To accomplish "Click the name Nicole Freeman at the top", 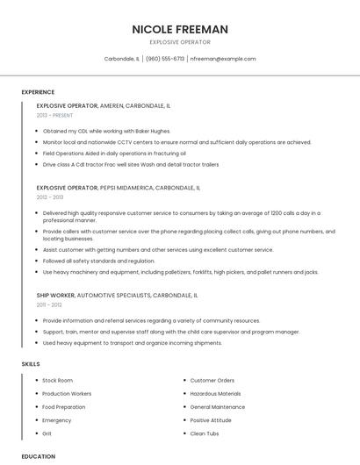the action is point(180,29).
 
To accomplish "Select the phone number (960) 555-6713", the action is point(165,59).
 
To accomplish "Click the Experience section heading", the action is point(38,92).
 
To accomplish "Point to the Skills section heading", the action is point(31,363).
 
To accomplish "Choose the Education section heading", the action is point(39,456).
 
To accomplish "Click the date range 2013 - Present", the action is point(54,115).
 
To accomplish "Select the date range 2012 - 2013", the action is point(50,197).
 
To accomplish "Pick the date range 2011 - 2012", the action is point(49,304).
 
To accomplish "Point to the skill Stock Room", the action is point(58,381).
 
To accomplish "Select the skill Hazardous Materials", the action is point(215,394).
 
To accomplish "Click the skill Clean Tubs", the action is point(205,433).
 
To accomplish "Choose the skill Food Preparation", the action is point(64,407).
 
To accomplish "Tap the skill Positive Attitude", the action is point(212,420).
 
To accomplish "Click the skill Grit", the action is point(47,433).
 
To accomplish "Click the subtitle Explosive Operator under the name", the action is point(180,41).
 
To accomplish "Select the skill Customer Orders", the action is point(212,381).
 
